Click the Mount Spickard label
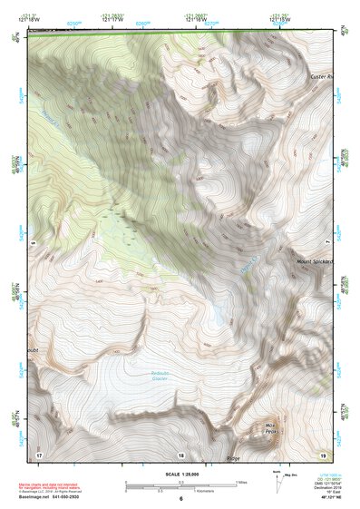click(x=316, y=261)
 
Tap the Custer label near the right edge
click(x=321, y=76)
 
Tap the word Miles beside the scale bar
click(x=243, y=481)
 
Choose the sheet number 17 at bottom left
click(x=39, y=454)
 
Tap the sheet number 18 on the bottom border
click(x=180, y=455)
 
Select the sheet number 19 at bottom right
click(x=323, y=454)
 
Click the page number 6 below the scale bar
click(x=180, y=499)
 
